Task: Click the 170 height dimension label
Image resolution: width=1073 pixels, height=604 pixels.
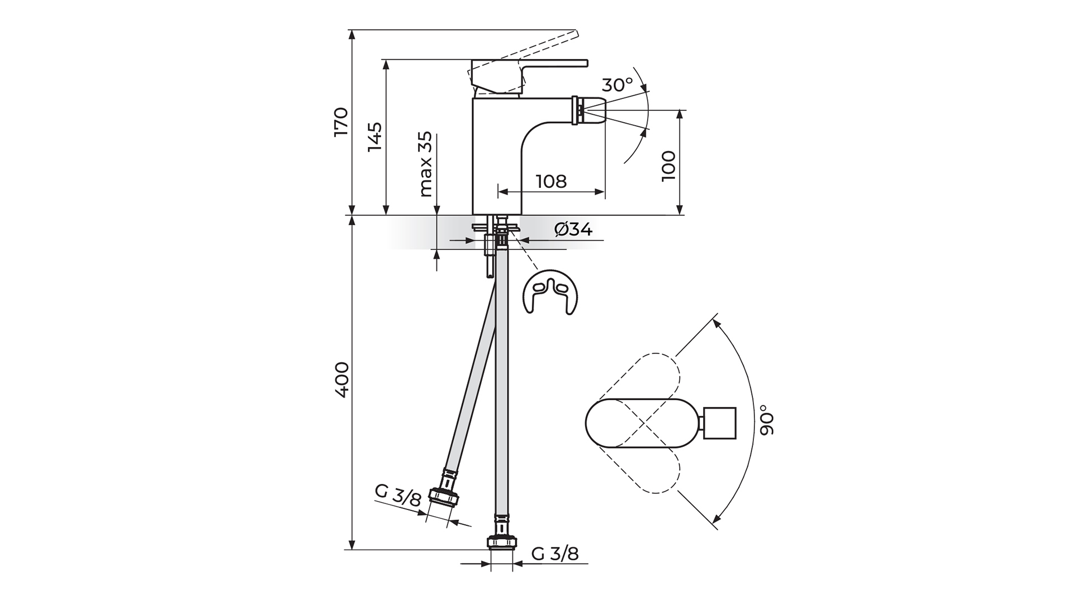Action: coord(340,121)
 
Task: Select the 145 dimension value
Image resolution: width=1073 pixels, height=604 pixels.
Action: coord(374,136)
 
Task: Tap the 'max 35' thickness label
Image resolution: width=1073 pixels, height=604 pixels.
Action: coord(425,164)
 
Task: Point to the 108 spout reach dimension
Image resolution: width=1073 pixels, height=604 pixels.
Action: coord(551,181)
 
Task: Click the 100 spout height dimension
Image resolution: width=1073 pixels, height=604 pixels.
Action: coord(668,165)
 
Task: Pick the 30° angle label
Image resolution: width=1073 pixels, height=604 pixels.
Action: coord(618,85)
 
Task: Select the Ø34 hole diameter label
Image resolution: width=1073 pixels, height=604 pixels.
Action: coord(573,229)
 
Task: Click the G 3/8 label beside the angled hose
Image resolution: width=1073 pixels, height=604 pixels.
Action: coord(397,496)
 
